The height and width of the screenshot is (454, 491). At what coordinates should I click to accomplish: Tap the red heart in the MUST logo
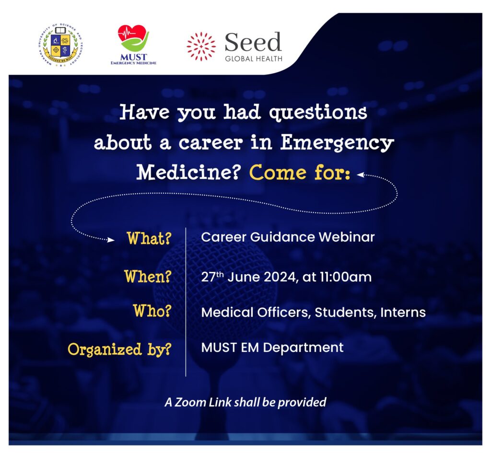(x=132, y=34)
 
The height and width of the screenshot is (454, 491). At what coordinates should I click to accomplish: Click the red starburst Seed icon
(x=201, y=47)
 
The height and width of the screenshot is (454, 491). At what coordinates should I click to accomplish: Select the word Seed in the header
(x=253, y=42)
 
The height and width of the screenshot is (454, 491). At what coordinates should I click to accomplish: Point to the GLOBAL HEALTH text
(x=254, y=58)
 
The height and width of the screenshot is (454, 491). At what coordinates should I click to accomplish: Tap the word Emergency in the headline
(x=337, y=143)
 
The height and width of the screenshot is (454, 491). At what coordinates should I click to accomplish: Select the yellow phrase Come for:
(x=299, y=173)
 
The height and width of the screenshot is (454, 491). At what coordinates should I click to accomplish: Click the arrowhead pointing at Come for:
(x=361, y=175)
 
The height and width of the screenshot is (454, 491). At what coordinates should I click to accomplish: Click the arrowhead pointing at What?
(x=111, y=240)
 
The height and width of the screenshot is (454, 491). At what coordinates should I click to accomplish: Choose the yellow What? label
(x=149, y=238)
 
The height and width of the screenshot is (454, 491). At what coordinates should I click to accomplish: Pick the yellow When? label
(x=148, y=277)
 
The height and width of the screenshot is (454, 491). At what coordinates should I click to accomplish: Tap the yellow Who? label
(x=152, y=311)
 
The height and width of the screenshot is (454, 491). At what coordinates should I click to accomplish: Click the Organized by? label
(x=119, y=349)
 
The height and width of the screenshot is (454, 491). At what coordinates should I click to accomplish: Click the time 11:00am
(x=346, y=277)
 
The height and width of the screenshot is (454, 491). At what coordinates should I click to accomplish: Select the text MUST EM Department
(x=272, y=347)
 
